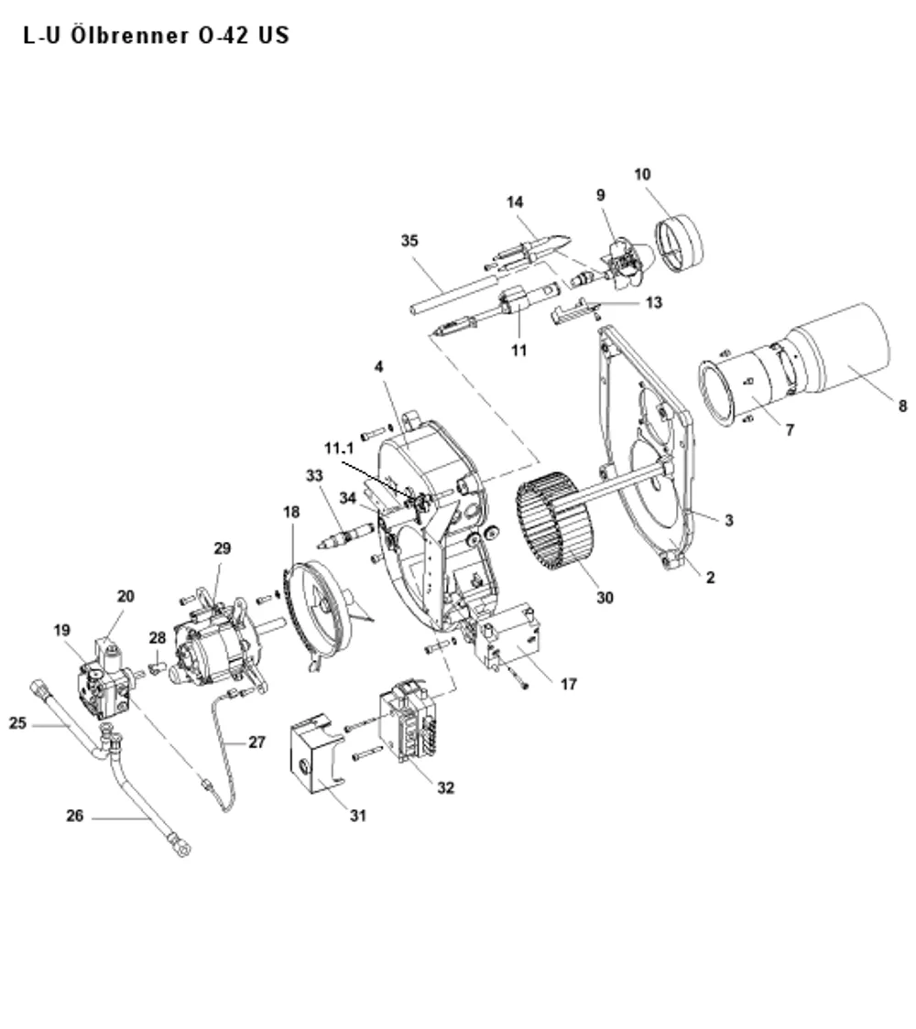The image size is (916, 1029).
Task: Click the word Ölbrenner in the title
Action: point(128,35)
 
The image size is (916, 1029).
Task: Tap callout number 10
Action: point(642,175)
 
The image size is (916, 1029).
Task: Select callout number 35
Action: point(409,241)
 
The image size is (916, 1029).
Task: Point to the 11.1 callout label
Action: point(339,449)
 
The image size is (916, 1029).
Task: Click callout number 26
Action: point(75,816)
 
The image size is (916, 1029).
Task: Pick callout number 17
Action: point(569,685)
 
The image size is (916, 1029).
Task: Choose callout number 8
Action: point(903,406)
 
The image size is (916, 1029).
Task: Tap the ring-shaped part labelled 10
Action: point(679,243)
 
